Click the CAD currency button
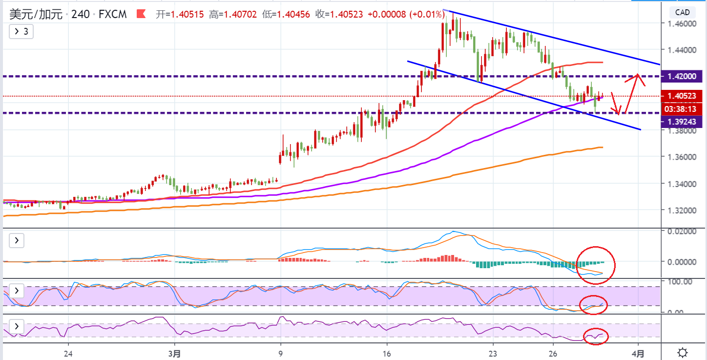(x=682, y=12)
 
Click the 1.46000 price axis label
(x=682, y=23)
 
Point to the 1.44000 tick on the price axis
(x=682, y=50)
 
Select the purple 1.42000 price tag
(x=682, y=76)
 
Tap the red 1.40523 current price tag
(x=682, y=96)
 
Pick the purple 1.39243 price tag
(x=682, y=122)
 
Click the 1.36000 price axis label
(x=682, y=157)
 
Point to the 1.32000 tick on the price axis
(x=682, y=211)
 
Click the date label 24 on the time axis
(x=68, y=354)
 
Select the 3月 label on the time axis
(x=174, y=354)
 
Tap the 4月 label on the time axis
(x=638, y=354)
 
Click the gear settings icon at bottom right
(x=683, y=352)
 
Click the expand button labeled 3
(x=21, y=32)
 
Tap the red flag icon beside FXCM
(x=141, y=14)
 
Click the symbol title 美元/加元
(x=36, y=14)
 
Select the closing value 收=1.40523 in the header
(x=339, y=14)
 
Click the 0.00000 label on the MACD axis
(x=682, y=262)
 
